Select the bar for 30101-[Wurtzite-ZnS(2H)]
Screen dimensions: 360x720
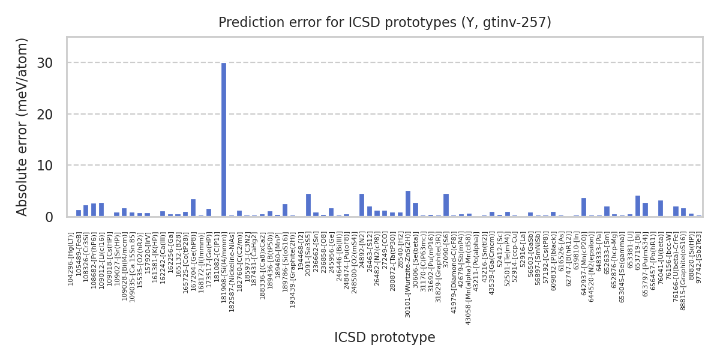pos(408,204)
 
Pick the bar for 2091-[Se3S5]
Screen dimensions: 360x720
pos(308,205)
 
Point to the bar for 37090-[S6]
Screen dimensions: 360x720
pos(446,205)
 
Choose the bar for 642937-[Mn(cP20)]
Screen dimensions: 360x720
pos(584,208)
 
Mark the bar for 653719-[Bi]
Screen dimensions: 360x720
pos(638,206)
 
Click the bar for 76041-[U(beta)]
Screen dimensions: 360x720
pos(661,209)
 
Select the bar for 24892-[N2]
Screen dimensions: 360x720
pos(362,205)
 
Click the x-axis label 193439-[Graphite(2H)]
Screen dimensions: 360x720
pos(293,264)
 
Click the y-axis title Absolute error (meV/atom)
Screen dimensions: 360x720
pos(23,127)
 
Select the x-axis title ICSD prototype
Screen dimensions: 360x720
pos(385,338)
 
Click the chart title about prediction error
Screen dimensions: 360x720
pos(385,23)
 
